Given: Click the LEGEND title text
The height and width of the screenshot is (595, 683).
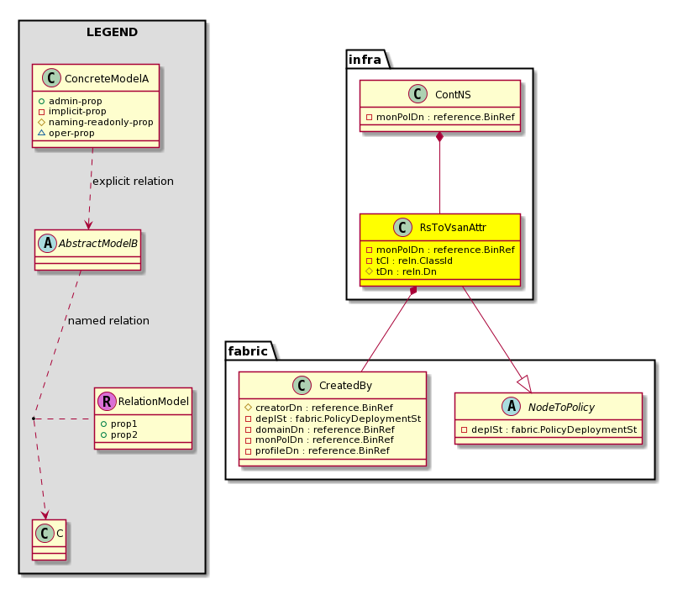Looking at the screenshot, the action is pos(112,32).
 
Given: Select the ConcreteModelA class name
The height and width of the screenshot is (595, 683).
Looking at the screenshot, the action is pos(107,78).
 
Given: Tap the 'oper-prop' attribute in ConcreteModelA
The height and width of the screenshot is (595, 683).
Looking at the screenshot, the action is pos(71,133).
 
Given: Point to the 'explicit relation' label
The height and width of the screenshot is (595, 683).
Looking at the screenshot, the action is pos(133,181).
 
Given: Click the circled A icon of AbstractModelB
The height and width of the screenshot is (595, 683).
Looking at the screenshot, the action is pos(47,243).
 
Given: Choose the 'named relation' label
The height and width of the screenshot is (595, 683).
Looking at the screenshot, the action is pos(108,320).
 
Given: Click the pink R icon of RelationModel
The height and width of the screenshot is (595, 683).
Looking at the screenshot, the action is pos(107,401).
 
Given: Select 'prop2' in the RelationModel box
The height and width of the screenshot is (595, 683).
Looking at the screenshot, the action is pos(124,434).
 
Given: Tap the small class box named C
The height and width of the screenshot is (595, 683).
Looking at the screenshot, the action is pos(50,540).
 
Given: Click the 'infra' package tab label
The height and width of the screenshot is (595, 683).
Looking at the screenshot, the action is pos(365,60).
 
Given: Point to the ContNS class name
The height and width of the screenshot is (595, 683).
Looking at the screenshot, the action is pos(453,95).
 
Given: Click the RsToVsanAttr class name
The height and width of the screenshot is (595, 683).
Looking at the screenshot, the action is pos(453,228).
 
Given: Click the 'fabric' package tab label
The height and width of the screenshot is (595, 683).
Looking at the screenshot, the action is pos(248,351).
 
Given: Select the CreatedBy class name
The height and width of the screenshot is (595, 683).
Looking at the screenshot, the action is pos(345,386).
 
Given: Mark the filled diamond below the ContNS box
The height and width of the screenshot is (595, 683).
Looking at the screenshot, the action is pos(440,136).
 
